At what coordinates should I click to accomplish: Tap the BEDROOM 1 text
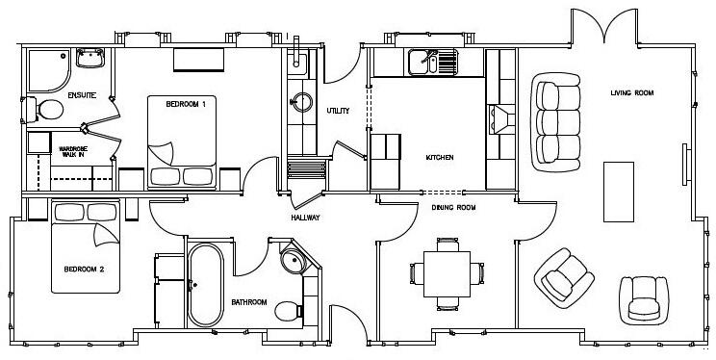coord(186,103)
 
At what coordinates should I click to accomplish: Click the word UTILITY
coord(337,111)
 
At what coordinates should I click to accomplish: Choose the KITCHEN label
coord(440,157)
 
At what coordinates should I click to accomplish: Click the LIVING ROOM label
coord(632,93)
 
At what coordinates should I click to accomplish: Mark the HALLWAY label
coord(306,218)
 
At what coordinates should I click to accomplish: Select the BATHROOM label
coord(248,302)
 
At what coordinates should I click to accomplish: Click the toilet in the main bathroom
coord(286,309)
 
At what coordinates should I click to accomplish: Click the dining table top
coord(445,272)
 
